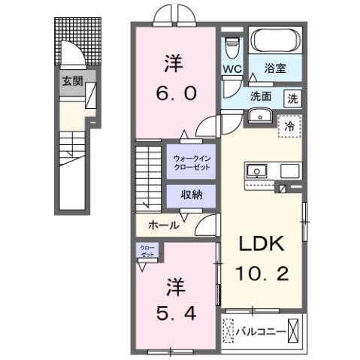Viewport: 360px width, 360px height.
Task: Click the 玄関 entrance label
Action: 73,81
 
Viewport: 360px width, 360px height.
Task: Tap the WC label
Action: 231,70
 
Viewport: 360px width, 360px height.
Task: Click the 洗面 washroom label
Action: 261,96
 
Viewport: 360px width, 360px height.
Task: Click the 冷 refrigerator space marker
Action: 289,126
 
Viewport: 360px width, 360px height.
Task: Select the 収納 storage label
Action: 192,195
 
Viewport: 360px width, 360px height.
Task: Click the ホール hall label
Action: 163,224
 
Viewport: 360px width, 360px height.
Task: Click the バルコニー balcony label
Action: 263,330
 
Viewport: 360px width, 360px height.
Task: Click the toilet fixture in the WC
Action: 232,46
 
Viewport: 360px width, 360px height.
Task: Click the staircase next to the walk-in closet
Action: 149,177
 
